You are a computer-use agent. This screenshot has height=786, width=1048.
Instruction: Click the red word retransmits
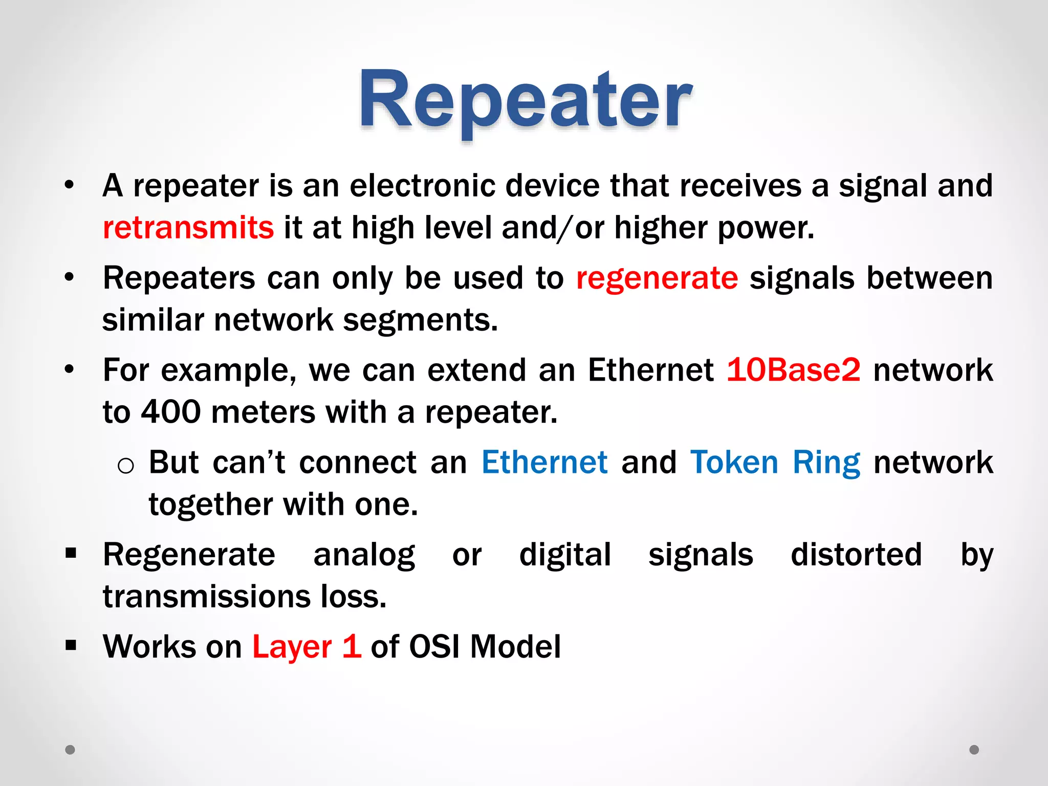[188, 228]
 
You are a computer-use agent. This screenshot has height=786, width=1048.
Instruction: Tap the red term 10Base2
[794, 369]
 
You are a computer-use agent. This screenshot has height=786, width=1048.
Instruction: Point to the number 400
[171, 412]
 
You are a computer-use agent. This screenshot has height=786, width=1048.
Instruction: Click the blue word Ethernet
[544, 462]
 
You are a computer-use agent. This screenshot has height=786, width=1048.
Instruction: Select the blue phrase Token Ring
[775, 462]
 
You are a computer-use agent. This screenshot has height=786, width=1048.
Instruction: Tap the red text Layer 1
[307, 646]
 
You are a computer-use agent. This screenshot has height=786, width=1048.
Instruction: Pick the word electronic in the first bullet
[423, 185]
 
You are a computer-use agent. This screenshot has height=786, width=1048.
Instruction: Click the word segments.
[420, 320]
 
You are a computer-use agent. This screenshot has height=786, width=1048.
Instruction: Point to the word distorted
[856, 555]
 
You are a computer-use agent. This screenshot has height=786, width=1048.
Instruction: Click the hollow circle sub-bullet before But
[125, 466]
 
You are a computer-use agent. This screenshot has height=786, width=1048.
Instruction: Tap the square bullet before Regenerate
[71, 553]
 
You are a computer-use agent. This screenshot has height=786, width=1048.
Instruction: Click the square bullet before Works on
[71, 645]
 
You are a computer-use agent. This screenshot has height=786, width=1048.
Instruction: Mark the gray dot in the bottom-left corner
[70, 750]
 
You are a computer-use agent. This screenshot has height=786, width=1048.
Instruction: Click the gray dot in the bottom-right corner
[974, 750]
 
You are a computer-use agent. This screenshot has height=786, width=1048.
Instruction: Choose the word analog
[364, 555]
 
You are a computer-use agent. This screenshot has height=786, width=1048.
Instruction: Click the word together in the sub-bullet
[210, 505]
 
